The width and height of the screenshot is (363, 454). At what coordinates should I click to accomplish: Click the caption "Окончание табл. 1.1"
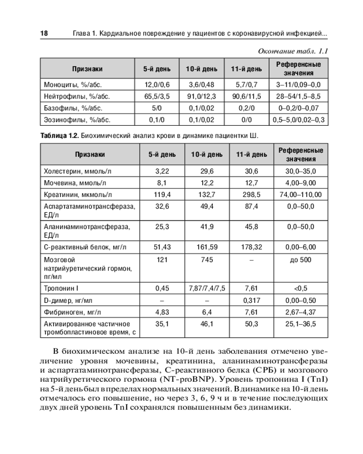coord(292,50)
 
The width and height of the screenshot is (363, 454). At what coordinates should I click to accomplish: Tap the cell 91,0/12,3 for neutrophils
coord(204,96)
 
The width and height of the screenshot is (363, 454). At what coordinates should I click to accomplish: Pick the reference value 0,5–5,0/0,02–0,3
coord(299,120)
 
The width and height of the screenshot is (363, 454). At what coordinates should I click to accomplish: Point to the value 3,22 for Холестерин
coord(162,171)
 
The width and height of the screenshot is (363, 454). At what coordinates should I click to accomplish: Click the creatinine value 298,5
coord(251,195)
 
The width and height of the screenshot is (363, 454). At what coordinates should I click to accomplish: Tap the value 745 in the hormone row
coord(206,260)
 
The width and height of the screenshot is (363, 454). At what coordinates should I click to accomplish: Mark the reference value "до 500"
coord(300,260)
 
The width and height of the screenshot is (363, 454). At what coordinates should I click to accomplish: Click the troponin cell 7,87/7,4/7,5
coord(206,288)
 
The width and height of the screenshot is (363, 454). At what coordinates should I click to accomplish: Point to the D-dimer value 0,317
coord(251,300)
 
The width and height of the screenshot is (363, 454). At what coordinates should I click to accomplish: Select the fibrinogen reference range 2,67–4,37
coord(300,312)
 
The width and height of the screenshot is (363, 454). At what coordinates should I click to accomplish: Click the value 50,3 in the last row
coord(251,324)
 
